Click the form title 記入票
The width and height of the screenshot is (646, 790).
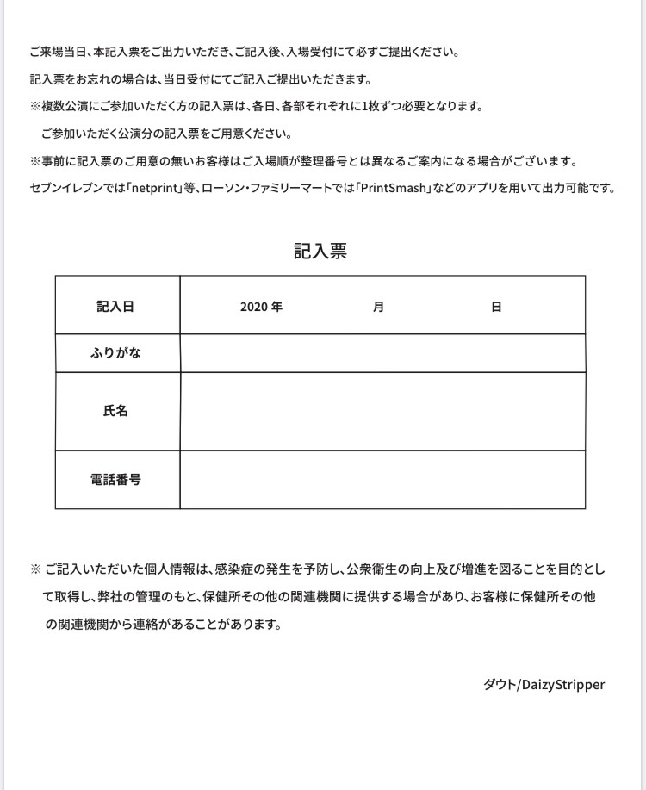point(320,251)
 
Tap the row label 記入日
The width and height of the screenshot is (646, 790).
point(115,306)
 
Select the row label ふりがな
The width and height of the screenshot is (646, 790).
point(115,353)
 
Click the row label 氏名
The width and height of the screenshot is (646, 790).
point(115,411)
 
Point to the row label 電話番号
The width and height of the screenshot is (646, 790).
point(115,479)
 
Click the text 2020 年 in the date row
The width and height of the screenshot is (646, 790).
point(261,307)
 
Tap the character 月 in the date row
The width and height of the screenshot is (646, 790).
point(378,307)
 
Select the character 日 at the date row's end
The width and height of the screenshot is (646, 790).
point(496,307)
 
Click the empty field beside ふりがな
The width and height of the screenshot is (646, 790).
point(382,353)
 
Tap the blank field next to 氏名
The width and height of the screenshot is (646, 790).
point(382,411)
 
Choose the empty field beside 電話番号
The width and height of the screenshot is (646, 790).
point(382,479)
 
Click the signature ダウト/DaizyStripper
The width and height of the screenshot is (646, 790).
point(544,685)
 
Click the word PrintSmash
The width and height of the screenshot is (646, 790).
point(394,188)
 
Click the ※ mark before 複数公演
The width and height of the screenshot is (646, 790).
point(35,107)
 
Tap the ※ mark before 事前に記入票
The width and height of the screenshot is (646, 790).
point(35,161)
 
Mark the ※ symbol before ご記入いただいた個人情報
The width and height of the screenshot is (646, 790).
point(35,569)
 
